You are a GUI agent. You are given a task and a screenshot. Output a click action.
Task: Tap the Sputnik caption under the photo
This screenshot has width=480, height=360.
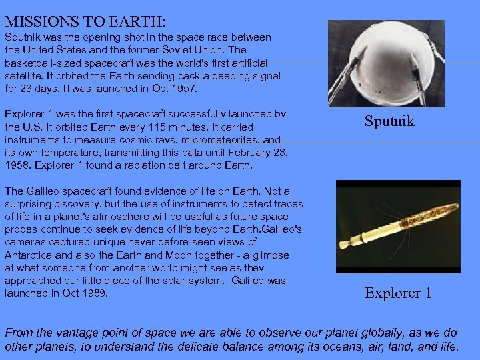click(x=389, y=121)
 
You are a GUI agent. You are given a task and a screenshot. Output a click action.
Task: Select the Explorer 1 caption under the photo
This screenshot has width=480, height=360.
click(x=398, y=293)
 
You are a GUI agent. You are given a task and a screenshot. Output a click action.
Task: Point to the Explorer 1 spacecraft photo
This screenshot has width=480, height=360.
click(x=398, y=227)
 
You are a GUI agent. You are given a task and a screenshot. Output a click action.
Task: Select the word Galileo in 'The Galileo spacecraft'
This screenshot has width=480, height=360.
click(x=43, y=191)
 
